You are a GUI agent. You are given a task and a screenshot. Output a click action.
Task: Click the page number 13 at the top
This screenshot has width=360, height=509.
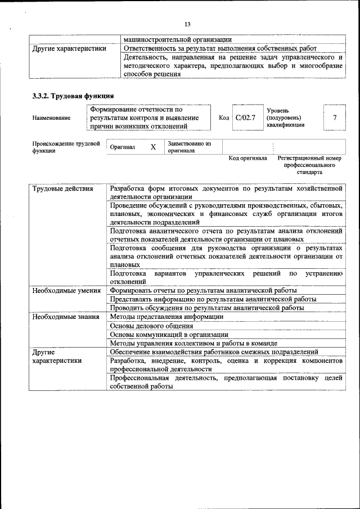point(187,24)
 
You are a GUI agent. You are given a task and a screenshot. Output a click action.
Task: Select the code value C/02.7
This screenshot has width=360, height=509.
point(245,118)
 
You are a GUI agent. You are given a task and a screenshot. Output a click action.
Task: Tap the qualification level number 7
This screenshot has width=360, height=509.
point(335,118)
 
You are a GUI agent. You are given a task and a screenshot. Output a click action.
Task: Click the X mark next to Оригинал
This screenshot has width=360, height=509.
point(152,147)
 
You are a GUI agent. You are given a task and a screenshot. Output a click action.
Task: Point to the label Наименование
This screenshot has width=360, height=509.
point(52,118)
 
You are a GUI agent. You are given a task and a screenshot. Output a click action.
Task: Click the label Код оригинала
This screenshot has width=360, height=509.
point(247,159)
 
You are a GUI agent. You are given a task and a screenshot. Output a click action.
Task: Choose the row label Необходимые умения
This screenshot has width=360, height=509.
point(66,291)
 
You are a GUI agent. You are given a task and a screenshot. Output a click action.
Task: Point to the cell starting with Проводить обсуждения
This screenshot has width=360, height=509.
point(207,308)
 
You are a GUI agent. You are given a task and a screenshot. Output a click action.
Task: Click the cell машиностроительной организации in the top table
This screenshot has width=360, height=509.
point(177,39)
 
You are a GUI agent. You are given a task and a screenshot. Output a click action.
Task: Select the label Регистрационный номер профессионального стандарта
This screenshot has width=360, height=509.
point(309,165)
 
